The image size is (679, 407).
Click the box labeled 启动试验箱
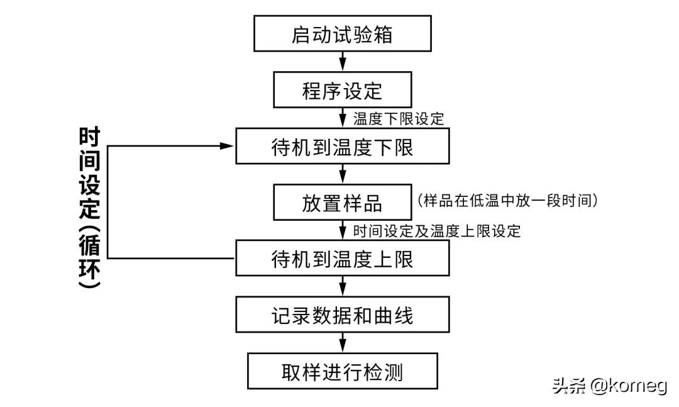click(343, 34)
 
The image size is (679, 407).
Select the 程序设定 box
click(343, 91)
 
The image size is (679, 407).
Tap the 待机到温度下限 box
click(343, 147)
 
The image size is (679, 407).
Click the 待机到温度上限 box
click(343, 259)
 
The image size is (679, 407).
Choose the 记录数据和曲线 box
click(343, 315)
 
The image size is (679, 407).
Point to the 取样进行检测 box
click(343, 371)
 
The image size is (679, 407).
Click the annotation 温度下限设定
click(398, 118)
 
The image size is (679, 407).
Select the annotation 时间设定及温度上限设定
click(437, 230)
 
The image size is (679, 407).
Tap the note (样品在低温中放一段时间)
click(507, 201)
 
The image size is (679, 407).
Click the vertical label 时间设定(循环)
click(90, 208)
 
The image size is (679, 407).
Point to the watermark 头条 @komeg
click(609, 385)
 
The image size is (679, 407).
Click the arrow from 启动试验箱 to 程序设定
click(343, 62)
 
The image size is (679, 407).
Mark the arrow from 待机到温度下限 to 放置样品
click(343, 174)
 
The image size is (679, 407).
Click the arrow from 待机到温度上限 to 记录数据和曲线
click(343, 286)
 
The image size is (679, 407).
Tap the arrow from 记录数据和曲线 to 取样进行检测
click(343, 343)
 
